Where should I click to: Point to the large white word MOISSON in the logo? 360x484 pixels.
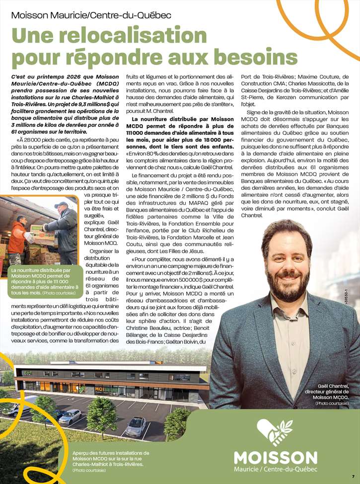coord(276,458)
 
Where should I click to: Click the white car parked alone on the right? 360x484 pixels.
coord(136,426)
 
